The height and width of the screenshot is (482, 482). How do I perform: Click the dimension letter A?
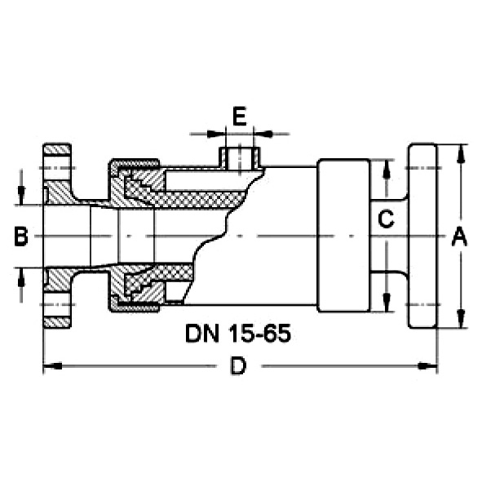(459, 237)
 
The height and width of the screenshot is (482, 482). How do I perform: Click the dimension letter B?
(21, 237)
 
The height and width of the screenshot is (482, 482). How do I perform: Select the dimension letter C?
(386, 219)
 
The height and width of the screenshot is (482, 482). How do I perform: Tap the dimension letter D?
(238, 366)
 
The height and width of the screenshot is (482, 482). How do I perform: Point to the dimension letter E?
(240, 117)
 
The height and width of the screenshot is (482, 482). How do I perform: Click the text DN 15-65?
(238, 334)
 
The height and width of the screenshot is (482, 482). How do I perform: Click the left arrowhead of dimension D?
(53, 366)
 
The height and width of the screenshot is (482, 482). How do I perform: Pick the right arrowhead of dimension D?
(428, 366)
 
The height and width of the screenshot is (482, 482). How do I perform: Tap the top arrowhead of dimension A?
(460, 153)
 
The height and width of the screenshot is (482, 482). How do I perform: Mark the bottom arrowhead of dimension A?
(460, 319)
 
